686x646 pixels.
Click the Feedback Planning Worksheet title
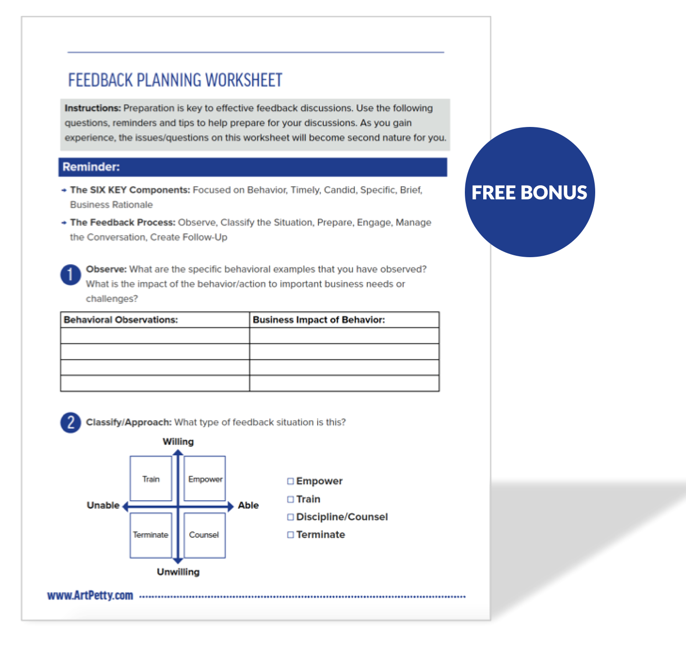click(x=175, y=80)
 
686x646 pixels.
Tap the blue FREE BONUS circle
click(x=529, y=192)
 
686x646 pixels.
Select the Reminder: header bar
click(x=253, y=167)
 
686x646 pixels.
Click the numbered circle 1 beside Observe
click(x=71, y=275)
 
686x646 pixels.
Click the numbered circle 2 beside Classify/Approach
click(x=71, y=422)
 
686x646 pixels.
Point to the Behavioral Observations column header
click(x=121, y=320)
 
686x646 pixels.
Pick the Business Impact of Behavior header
click(x=319, y=320)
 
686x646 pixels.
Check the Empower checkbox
click(x=290, y=481)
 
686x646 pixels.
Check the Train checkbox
click(x=290, y=499)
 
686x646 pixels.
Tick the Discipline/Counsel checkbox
click(x=290, y=517)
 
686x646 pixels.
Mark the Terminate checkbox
click(x=290, y=535)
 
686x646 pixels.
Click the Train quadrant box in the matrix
click(x=151, y=479)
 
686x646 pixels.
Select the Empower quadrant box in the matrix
click(x=205, y=479)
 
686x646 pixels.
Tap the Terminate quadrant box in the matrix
click(x=151, y=535)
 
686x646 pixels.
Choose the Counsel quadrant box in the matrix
click(x=204, y=535)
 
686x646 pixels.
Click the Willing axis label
click(x=178, y=441)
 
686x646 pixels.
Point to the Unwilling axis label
click(x=178, y=572)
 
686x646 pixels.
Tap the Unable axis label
click(x=103, y=505)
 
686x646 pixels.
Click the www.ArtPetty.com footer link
click(x=90, y=595)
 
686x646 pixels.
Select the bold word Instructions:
click(x=93, y=108)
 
